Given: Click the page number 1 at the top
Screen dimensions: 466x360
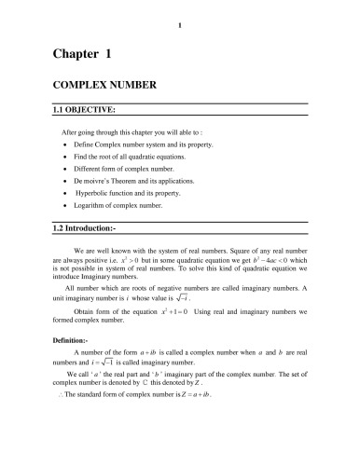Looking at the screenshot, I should click(179, 12).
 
